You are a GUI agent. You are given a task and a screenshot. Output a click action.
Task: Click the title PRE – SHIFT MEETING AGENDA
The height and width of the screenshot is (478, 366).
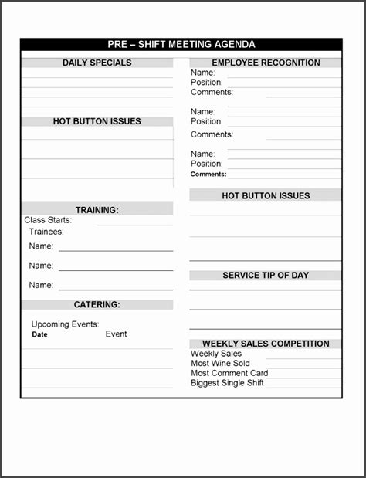(181, 45)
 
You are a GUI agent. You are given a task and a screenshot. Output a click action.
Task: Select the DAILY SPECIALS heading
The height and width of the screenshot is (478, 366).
(97, 63)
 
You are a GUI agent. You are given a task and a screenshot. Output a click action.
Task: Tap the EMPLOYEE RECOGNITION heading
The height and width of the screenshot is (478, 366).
(266, 63)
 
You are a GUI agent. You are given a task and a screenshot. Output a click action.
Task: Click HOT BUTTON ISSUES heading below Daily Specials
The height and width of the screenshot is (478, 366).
(97, 121)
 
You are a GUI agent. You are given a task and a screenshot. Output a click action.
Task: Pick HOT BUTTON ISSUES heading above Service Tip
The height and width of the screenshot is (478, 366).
(266, 195)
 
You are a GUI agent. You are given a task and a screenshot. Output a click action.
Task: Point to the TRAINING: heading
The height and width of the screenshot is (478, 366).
(97, 210)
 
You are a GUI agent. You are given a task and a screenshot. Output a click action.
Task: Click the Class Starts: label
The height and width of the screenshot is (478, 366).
(48, 220)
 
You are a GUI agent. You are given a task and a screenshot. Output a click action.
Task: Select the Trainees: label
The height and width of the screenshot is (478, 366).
(46, 232)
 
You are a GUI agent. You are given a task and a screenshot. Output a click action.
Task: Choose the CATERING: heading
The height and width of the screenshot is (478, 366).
(97, 305)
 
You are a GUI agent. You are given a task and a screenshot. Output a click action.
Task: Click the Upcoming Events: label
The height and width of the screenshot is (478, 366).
(65, 324)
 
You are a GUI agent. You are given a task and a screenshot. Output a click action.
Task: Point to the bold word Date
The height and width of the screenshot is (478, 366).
(39, 335)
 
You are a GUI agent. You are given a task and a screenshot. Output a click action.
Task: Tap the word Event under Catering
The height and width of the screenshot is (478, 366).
(117, 334)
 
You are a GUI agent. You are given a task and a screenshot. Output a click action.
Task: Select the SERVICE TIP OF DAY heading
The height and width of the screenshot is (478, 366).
(266, 275)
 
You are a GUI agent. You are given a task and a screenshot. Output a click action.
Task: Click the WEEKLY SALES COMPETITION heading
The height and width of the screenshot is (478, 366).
(266, 344)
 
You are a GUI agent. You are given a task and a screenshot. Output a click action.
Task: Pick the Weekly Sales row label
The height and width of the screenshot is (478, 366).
(216, 354)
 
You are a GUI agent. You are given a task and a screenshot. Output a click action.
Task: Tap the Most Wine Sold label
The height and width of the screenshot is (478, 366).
(221, 364)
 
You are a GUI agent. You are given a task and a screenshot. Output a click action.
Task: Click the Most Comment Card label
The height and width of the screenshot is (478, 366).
(229, 373)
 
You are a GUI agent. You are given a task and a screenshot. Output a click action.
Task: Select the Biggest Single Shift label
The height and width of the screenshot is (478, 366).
(228, 383)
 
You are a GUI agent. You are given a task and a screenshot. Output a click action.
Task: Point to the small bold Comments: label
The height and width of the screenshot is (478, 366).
(208, 175)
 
